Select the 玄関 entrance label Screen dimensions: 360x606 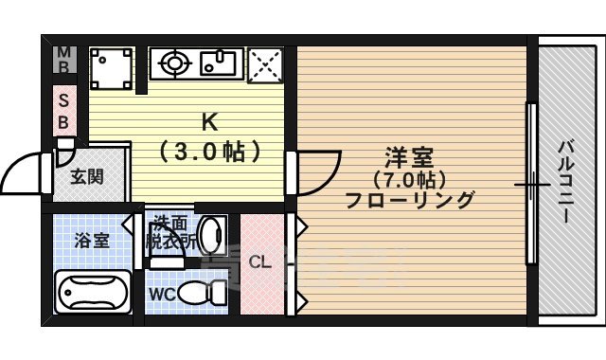[x=86, y=176]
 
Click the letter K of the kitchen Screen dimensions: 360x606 [x=210, y=121]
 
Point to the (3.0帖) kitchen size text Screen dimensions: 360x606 [x=210, y=151]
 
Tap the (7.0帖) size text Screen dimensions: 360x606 [x=408, y=178]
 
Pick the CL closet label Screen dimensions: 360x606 [x=260, y=262]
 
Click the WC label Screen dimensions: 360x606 [x=161, y=294]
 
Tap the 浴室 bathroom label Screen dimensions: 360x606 [x=92, y=239]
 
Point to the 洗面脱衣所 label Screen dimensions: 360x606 [x=170, y=233]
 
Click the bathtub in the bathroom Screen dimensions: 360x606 [x=93, y=291]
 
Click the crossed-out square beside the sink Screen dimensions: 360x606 [x=264, y=65]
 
